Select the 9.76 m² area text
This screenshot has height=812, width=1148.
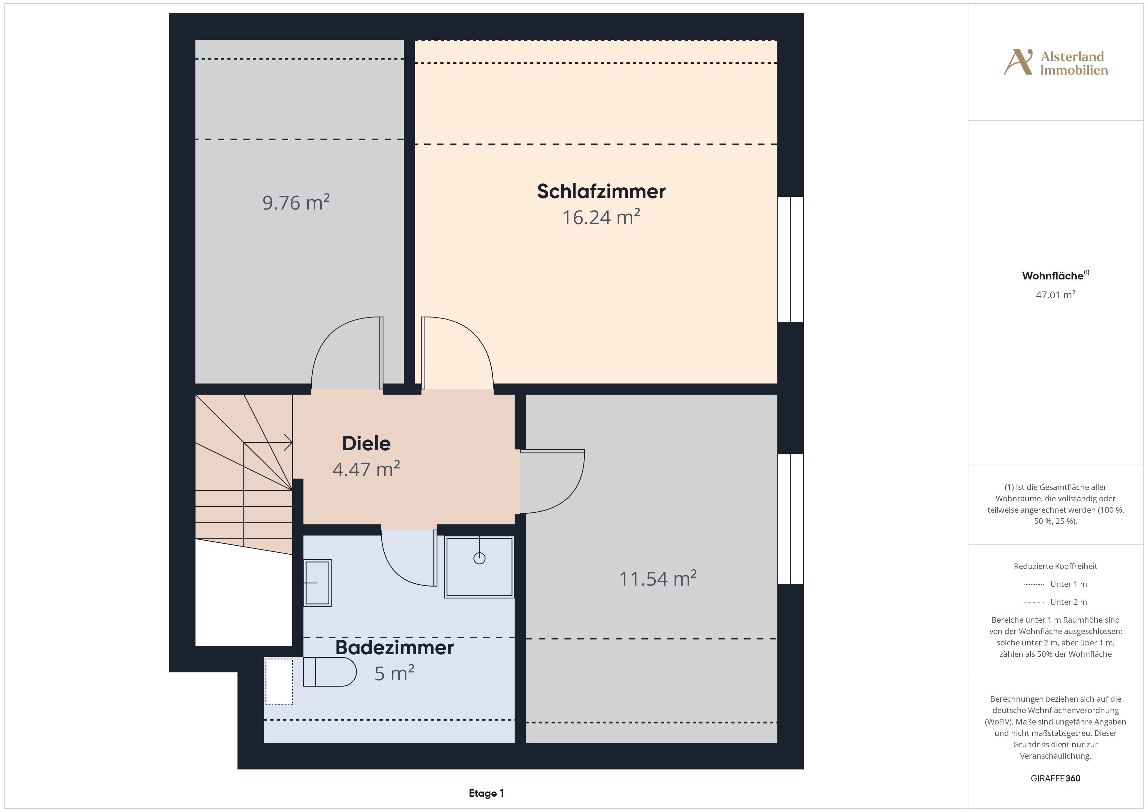pyautogui.click(x=296, y=202)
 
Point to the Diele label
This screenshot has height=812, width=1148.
pyautogui.click(x=366, y=443)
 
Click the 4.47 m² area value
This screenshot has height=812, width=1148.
pyautogui.click(x=366, y=469)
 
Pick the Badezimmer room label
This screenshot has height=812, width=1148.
pyautogui.click(x=394, y=647)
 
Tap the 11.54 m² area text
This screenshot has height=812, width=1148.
pyautogui.click(x=658, y=578)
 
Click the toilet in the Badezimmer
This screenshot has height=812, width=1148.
pyautogui.click(x=330, y=671)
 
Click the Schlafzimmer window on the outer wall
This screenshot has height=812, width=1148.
pyautogui.click(x=790, y=259)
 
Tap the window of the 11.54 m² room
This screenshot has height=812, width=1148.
pyautogui.click(x=790, y=519)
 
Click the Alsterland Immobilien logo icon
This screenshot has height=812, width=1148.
pyautogui.click(x=1018, y=62)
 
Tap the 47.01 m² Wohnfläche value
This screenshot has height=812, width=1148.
pyautogui.click(x=1056, y=295)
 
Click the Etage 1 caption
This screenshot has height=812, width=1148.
pyautogui.click(x=486, y=793)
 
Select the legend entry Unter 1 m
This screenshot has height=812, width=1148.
pyautogui.click(x=1056, y=584)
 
